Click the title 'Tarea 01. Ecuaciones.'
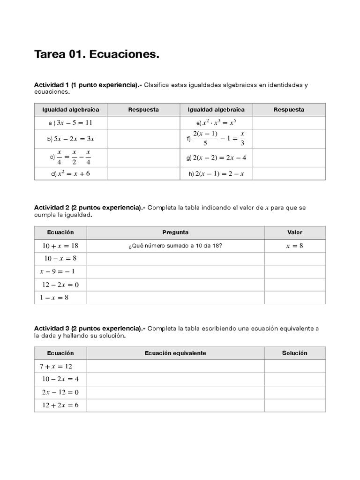point(97,55)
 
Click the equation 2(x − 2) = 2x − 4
point(219,158)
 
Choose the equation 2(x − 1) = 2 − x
point(219,173)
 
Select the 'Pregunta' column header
point(175,232)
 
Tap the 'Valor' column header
point(295,232)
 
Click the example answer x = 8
point(295,246)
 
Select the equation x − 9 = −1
point(57,271)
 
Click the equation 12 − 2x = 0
point(60,285)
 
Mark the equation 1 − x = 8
point(54,298)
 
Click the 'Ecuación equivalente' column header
point(175,353)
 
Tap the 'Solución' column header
point(295,353)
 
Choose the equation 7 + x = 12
point(56,366)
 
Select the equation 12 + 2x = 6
point(60,405)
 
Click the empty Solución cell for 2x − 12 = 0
point(295,392)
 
